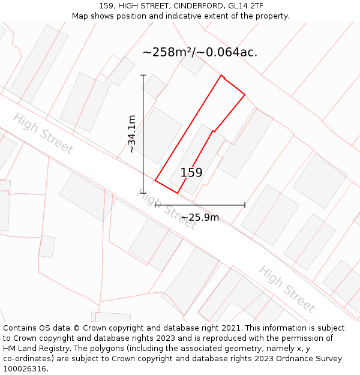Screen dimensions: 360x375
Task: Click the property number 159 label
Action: [x=191, y=173]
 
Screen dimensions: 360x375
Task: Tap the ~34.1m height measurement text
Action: [x=132, y=134]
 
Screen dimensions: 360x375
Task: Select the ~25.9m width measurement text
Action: [x=200, y=217]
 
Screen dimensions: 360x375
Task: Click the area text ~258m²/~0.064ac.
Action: [x=200, y=52]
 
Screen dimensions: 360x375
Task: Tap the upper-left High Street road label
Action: [x=43, y=133]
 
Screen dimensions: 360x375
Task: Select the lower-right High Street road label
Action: [x=287, y=289]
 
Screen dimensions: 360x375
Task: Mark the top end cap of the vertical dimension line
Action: [x=143, y=75]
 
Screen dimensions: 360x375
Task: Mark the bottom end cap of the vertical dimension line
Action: [x=143, y=193]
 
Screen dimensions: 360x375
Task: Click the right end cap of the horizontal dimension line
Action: [x=245, y=205]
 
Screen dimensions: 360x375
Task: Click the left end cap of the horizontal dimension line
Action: [x=155, y=205]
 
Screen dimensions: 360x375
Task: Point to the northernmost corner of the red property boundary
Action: [x=221, y=75]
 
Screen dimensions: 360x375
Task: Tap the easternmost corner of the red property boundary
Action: [x=245, y=95]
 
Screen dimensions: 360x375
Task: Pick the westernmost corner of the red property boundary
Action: [x=155, y=180]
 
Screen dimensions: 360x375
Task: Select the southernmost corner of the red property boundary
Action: [x=178, y=193]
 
